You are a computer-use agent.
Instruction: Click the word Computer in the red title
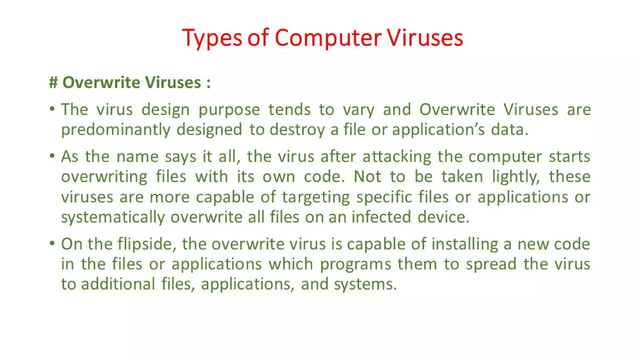[x=328, y=38]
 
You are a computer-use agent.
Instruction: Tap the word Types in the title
[x=212, y=38]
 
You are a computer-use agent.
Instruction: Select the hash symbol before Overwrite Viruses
[x=53, y=82]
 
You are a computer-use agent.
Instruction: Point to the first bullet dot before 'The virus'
[x=52, y=109]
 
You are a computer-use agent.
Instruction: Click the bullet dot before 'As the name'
[x=52, y=156]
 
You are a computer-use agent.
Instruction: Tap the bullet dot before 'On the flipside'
[x=52, y=243]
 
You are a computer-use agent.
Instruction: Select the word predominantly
[x=116, y=130]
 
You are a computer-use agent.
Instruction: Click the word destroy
[x=297, y=130]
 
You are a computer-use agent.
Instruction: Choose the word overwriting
[x=104, y=177]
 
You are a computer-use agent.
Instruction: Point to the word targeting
[x=316, y=197]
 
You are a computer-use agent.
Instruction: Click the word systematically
[x=113, y=217]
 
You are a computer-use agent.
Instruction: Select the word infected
[x=381, y=217]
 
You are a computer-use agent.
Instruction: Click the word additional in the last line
[x=118, y=284]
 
